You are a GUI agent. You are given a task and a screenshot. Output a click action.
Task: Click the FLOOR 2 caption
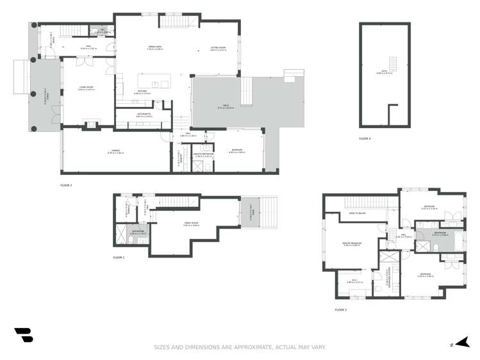(x=66, y=184)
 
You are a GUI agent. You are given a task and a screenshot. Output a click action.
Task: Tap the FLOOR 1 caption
(x=119, y=258)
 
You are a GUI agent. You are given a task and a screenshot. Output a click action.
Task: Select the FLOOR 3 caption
(x=340, y=310)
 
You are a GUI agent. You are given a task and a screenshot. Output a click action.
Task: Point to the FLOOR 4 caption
(x=365, y=138)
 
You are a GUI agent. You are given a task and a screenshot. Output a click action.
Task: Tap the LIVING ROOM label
(x=86, y=88)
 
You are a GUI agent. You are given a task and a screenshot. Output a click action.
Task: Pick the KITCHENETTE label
(x=144, y=115)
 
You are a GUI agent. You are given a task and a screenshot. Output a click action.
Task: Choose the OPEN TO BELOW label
(x=357, y=213)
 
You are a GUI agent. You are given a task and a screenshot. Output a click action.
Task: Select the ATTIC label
(x=385, y=72)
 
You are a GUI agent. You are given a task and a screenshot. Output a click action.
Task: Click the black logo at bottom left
(x=23, y=335)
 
